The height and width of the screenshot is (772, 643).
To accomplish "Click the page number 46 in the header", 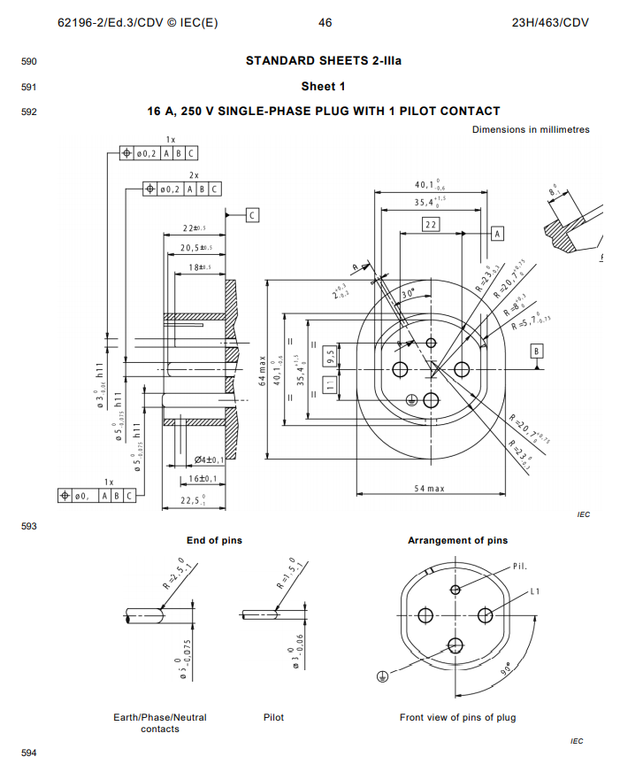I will click(x=325, y=22).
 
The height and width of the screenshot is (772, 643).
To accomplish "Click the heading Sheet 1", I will click(x=323, y=86).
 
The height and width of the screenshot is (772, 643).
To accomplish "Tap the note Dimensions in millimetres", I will click(x=530, y=129).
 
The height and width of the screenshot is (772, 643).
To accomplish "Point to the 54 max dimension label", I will click(x=430, y=489).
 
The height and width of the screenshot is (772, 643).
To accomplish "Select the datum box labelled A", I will click(x=496, y=233).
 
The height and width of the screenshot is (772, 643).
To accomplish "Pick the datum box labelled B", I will click(x=537, y=351).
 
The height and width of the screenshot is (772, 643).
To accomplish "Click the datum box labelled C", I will click(x=252, y=214).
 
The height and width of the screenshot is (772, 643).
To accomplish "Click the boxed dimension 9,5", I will click(x=330, y=356).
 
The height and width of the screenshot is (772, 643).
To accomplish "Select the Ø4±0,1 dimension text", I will click(x=209, y=459).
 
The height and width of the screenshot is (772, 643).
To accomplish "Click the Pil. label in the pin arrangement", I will click(x=521, y=566).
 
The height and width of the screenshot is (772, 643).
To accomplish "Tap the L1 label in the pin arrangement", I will click(x=535, y=590).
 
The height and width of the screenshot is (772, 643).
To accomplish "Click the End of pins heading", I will click(x=214, y=540).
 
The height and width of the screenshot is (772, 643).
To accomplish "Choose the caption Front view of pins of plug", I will click(x=457, y=717).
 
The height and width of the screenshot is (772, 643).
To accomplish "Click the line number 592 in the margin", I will click(x=28, y=112).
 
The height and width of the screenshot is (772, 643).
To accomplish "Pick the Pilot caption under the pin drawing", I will click(x=273, y=717).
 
